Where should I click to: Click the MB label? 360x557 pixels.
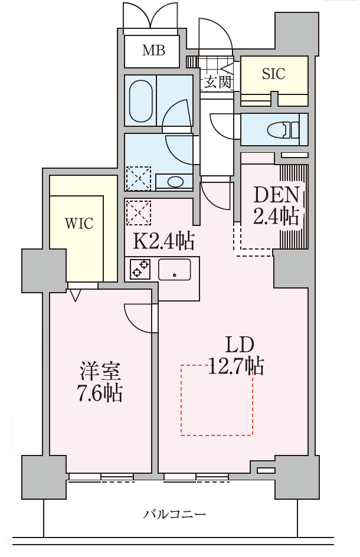click(x=153, y=51)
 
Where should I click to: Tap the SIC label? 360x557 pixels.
click(x=274, y=74)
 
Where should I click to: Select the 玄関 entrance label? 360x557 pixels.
click(x=217, y=83)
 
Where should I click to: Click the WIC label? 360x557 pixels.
click(x=79, y=224)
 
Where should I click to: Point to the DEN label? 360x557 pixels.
click(x=276, y=195)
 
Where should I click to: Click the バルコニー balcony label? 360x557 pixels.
click(x=175, y=515)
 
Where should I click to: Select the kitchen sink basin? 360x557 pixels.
click(x=175, y=270)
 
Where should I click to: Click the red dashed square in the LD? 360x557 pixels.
click(x=217, y=401)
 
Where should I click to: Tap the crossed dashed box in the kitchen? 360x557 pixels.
click(x=139, y=212)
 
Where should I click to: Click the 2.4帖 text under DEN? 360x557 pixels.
click(x=276, y=217)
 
